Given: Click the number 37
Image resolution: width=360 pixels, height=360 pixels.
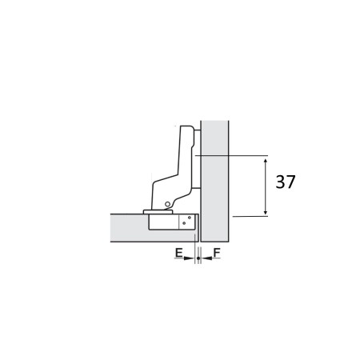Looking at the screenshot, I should click(286, 182).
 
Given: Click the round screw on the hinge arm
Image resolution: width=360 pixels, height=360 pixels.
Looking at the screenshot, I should click(165, 206).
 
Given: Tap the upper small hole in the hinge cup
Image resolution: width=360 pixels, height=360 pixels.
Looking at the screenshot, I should click(190, 217).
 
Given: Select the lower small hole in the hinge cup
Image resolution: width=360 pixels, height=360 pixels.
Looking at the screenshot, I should click(190, 226).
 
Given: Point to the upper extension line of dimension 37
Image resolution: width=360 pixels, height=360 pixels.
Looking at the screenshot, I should click(232, 154).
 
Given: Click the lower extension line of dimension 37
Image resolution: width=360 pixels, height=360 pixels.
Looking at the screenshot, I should click(248, 216).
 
